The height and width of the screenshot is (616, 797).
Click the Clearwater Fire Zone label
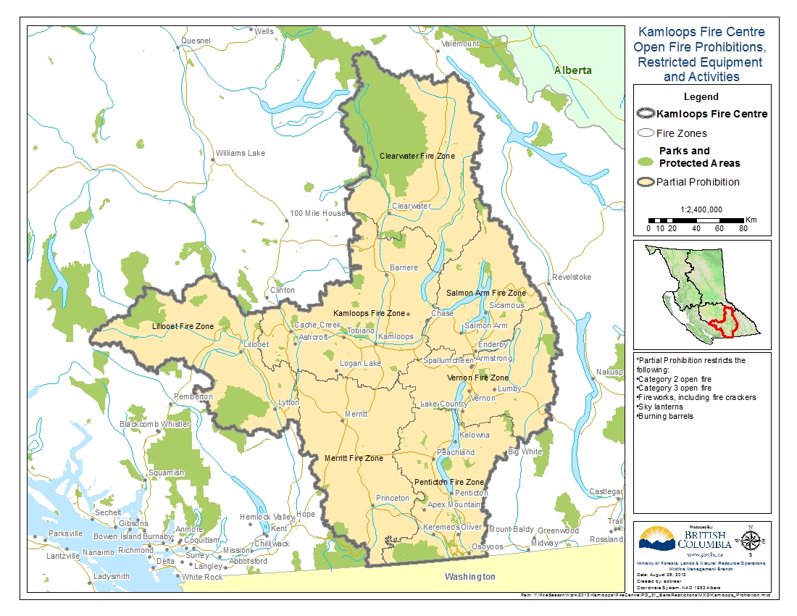[x=417, y=156]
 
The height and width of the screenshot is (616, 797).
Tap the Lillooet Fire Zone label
[x=183, y=327]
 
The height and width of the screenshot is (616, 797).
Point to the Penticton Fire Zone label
[x=449, y=482]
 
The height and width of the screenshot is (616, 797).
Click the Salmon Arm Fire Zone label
[x=485, y=293]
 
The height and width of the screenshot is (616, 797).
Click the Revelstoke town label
[x=572, y=278]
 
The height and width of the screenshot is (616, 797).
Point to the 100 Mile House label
[x=317, y=214]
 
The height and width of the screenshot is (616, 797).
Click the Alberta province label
[x=572, y=70]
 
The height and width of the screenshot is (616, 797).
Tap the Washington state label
[x=470, y=577]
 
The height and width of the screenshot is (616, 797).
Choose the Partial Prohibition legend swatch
[x=645, y=182]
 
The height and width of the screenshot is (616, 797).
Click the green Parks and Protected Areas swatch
[x=645, y=157]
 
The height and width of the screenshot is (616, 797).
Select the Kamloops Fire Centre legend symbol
[x=645, y=114]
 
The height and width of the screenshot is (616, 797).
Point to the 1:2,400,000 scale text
[x=701, y=209]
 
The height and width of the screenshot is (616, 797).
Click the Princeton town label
[x=393, y=499]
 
